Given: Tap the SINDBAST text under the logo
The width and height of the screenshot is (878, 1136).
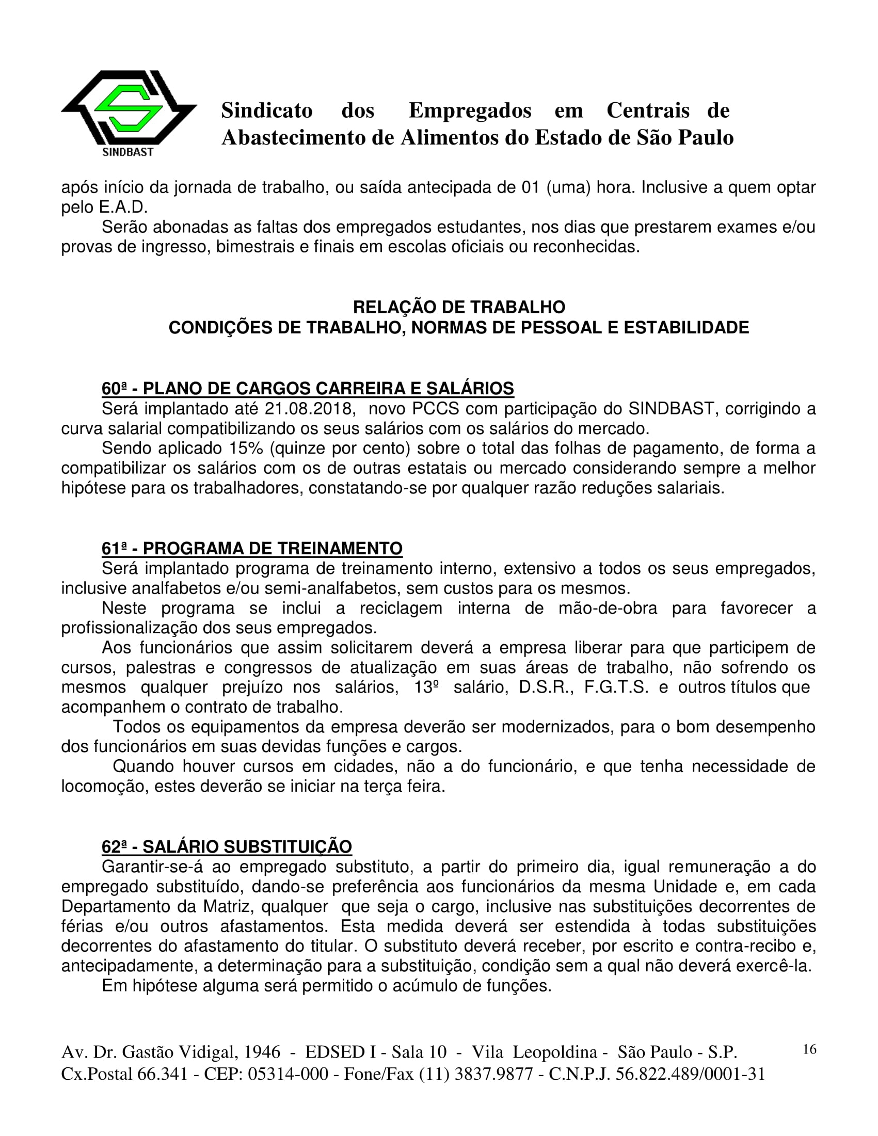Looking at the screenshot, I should click(x=128, y=152).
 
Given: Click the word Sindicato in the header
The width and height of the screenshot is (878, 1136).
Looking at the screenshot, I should click(x=267, y=111).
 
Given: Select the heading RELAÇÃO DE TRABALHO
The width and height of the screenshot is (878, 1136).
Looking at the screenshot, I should click(x=459, y=308).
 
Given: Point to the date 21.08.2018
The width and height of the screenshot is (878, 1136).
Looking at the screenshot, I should click(x=309, y=409).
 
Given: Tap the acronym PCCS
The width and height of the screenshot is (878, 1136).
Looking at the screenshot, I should click(x=435, y=409).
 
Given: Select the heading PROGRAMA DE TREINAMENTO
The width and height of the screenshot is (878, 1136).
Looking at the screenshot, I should click(x=273, y=548).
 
